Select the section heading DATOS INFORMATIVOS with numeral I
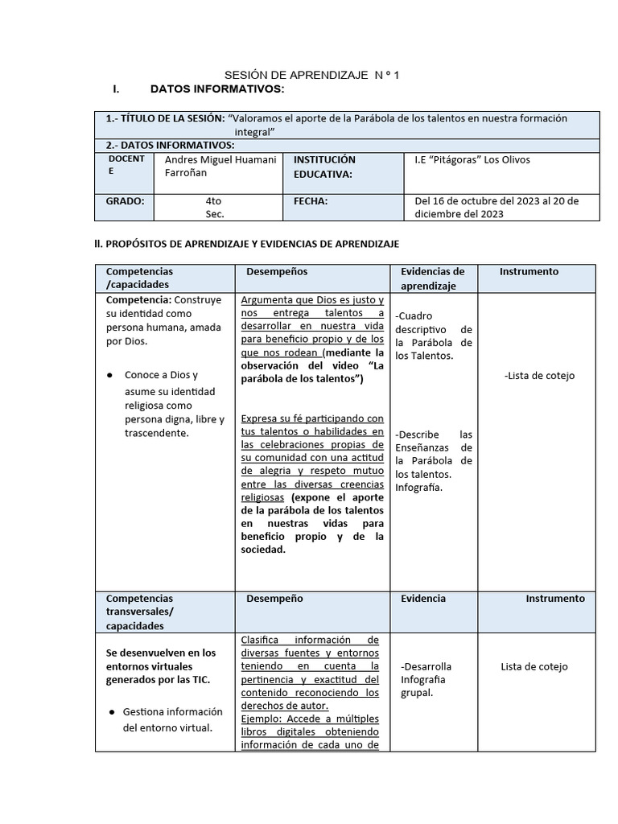point(216,88)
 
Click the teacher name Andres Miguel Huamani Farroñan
point(219,166)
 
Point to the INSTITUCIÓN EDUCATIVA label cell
point(324,167)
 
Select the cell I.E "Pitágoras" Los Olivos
point(472,159)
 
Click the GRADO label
point(125,201)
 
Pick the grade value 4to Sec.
point(214,208)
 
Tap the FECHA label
point(311,201)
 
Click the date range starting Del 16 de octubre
point(496,208)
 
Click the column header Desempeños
point(277,272)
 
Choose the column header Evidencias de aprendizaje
point(432,278)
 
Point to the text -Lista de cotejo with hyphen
point(539,376)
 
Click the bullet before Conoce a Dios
point(109,376)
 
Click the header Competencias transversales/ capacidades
point(139,612)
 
